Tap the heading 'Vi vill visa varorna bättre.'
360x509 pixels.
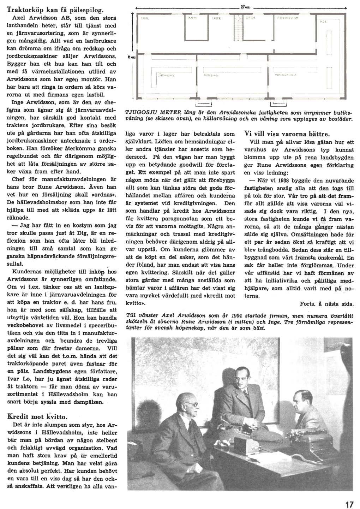point(287,134)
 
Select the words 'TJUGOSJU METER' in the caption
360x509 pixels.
point(149,113)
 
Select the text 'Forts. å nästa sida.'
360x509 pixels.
point(326,303)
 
